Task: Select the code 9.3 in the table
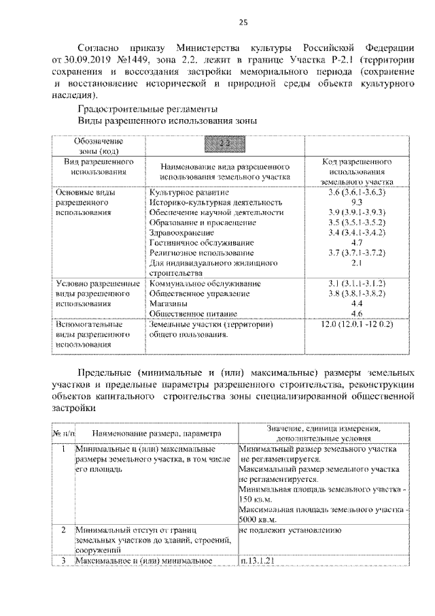click(x=355, y=203)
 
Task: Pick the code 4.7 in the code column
click(x=355, y=242)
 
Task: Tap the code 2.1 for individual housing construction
click(x=355, y=261)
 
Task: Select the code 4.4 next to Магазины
click(x=355, y=302)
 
